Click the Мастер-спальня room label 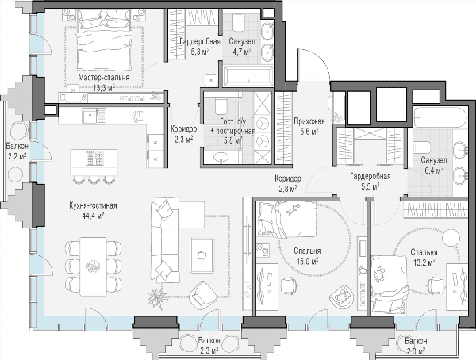point(103,78)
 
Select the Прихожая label point(309,121)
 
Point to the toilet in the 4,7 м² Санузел point(239,23)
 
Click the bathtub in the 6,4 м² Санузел point(440,117)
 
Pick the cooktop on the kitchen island point(95,158)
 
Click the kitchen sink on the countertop point(94,117)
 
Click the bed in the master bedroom point(104,39)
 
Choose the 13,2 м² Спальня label point(424,252)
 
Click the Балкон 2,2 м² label point(17,151)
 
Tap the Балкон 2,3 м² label point(209,346)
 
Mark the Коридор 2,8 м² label point(288,184)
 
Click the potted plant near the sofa point(156,298)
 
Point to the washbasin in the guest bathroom point(223,157)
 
